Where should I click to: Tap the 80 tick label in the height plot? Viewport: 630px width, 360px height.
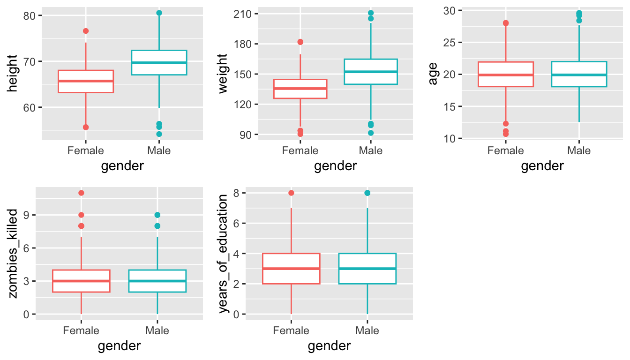30,15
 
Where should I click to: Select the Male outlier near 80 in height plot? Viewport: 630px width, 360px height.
159,13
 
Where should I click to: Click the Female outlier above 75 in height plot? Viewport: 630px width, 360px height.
86,31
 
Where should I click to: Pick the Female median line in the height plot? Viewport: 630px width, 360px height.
86,81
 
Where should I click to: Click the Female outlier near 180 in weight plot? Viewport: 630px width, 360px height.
300,42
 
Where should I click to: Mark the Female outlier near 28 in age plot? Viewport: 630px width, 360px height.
506,23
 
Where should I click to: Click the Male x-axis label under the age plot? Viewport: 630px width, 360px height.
579,151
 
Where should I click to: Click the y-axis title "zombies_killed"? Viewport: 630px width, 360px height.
13,254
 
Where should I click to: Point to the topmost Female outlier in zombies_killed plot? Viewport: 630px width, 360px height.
81,193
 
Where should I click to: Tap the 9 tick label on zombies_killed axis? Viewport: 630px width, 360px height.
27,215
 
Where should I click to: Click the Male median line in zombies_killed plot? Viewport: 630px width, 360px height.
157,281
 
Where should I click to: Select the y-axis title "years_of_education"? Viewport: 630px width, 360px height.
223,254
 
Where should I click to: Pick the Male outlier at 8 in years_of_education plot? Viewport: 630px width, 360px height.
367,193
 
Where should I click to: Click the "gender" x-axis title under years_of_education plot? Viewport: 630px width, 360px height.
329,346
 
